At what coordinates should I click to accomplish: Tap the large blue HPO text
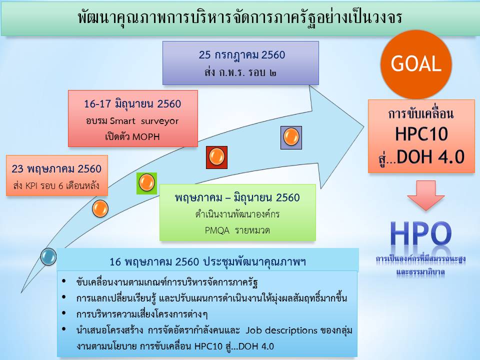pos(421,233)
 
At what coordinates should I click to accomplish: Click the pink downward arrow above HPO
pos(426,195)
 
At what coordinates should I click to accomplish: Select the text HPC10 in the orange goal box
pos(421,134)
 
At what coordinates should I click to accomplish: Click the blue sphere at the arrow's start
pos(48,256)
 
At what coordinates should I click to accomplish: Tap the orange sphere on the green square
pos(146,182)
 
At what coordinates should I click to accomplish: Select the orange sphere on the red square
pos(216,156)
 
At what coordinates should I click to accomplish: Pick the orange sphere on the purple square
pos(291,137)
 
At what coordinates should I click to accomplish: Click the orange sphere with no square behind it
pos(100,209)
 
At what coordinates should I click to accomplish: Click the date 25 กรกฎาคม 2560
pos(242,55)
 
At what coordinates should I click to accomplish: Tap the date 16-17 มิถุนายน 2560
pos(132,104)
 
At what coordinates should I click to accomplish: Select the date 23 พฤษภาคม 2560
pos(56,169)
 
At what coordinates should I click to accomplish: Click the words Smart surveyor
pos(144,121)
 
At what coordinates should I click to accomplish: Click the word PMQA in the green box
pos(217,230)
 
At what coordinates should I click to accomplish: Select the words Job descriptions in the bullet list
pos(281,330)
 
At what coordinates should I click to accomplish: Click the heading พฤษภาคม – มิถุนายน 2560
pos(237,198)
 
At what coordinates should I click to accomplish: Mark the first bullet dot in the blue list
pos(64,281)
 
